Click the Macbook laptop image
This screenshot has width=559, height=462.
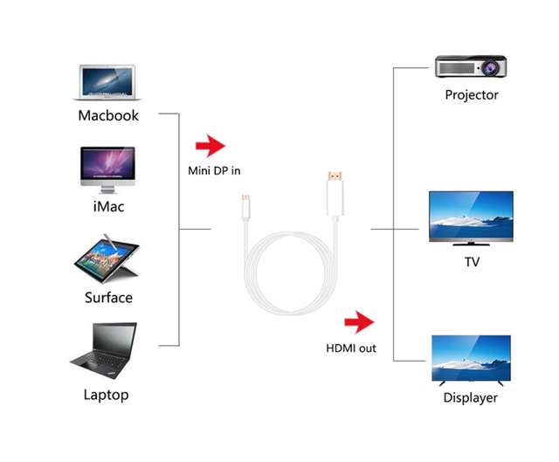(108, 80)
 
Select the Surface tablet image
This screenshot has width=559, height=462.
(108, 259)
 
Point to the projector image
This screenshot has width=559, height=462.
(471, 66)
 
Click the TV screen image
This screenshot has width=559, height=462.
(471, 217)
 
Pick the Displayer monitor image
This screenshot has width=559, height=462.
(471, 360)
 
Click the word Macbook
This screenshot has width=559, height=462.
(108, 115)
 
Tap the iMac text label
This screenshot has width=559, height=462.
(108, 207)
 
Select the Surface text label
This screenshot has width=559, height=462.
(108, 298)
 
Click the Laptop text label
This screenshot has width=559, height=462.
(106, 395)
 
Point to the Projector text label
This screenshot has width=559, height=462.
(471, 95)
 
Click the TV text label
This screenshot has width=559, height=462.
(472, 260)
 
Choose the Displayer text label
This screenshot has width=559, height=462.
(471, 398)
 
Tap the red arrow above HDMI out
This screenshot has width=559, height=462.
(360, 324)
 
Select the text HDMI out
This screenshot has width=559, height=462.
(351, 348)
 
